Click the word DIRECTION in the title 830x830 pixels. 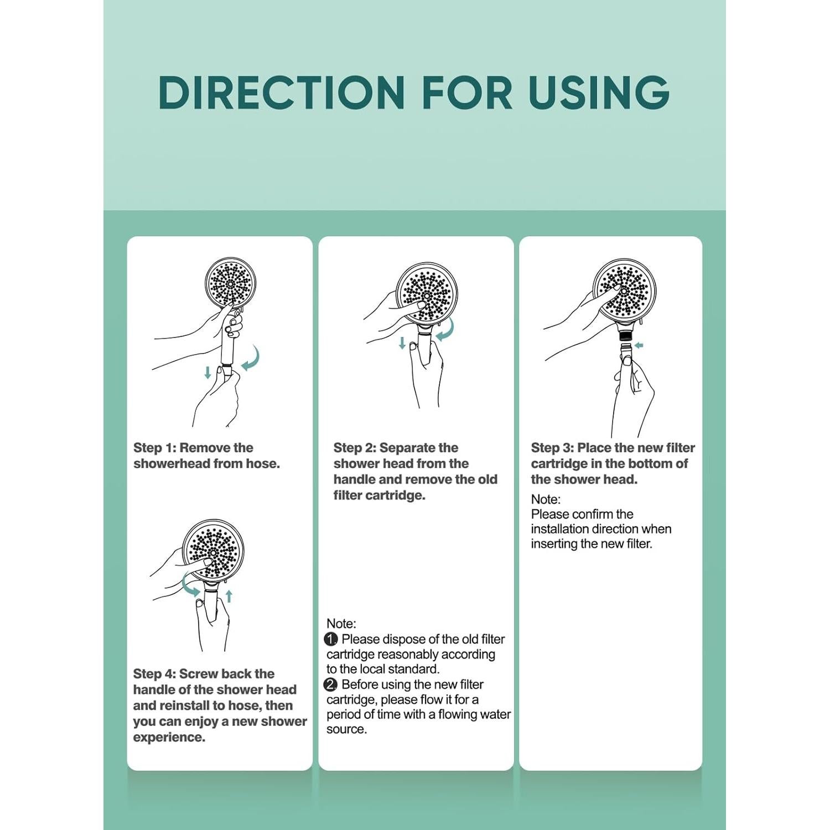(x=282, y=92)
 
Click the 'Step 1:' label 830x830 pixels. (x=155, y=448)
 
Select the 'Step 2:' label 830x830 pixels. (x=355, y=448)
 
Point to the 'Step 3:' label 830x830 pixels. (x=552, y=448)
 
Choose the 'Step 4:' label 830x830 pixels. (x=154, y=673)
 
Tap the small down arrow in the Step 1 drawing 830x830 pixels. (x=207, y=372)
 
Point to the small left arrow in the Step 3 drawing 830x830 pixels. (x=639, y=346)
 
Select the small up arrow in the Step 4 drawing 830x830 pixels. (x=229, y=596)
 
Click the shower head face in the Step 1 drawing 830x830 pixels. (x=230, y=282)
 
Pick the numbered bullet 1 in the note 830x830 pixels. (x=331, y=639)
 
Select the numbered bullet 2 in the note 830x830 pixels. (x=331, y=684)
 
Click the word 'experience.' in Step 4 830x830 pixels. (x=169, y=737)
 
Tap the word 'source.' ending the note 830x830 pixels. (x=346, y=729)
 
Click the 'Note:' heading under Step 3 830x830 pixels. (x=546, y=499)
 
